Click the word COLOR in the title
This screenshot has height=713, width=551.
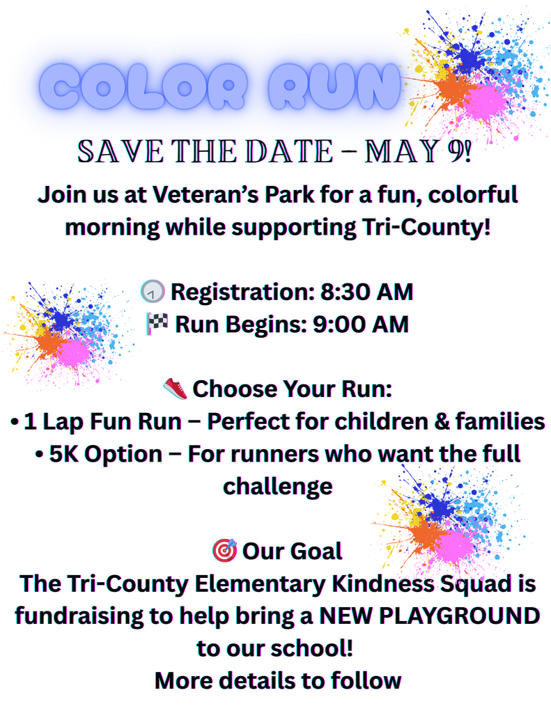tap(147, 87)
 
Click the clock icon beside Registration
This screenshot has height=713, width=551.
tap(152, 292)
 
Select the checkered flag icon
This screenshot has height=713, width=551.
tap(157, 324)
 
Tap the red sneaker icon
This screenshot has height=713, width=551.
tap(176, 389)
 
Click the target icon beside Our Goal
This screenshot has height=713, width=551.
tap(224, 550)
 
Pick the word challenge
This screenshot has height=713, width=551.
tap(277, 485)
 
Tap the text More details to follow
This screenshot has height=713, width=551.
tap(277, 680)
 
